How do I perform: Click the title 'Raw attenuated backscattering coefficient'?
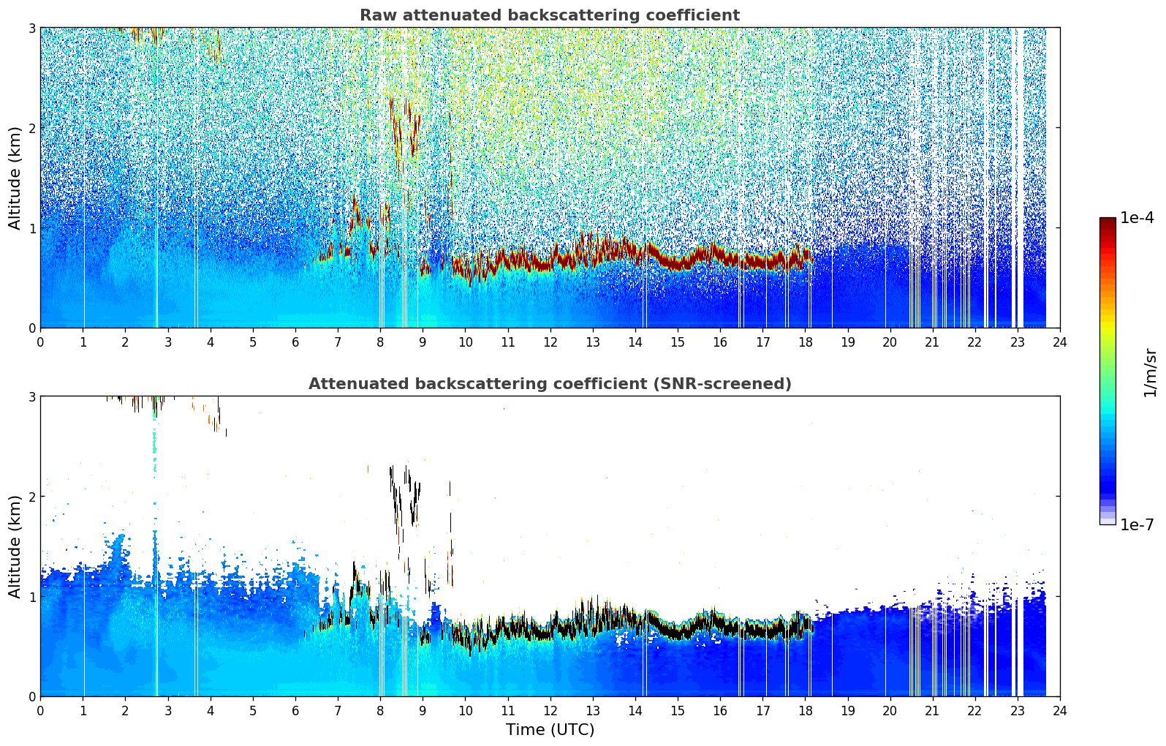pyautogui.click(x=550, y=15)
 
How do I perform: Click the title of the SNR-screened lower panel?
pyautogui.click(x=550, y=384)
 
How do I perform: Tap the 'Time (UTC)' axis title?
pyautogui.click(x=550, y=729)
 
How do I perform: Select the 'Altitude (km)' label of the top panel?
pyautogui.click(x=15, y=178)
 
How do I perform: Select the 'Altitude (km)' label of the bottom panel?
pyautogui.click(x=15, y=546)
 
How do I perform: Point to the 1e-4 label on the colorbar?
pyautogui.click(x=1137, y=218)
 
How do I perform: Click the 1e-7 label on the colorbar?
pyautogui.click(x=1137, y=524)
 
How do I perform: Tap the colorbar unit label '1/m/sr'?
pyautogui.click(x=1150, y=373)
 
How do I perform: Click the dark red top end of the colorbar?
pyautogui.click(x=1108, y=220)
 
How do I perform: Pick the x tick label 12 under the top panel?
pyautogui.click(x=550, y=342)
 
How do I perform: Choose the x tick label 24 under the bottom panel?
pyautogui.click(x=1060, y=711)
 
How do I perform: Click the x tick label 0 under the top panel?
pyautogui.click(x=41, y=342)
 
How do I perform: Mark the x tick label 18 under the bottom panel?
pyautogui.click(x=806, y=711)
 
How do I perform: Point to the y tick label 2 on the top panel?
pyautogui.click(x=31, y=128)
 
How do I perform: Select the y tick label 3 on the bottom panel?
pyautogui.click(x=31, y=397)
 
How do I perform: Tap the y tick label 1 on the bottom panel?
pyautogui.click(x=31, y=597)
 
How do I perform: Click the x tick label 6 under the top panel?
pyautogui.click(x=295, y=342)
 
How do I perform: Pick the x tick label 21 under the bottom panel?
pyautogui.click(x=932, y=711)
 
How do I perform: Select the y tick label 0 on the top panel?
pyautogui.click(x=31, y=328)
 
